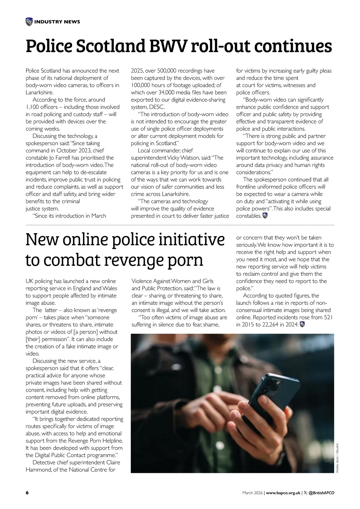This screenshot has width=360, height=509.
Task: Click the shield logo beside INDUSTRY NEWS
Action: (x=29, y=22)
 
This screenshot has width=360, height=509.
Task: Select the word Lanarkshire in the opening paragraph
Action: (x=39, y=92)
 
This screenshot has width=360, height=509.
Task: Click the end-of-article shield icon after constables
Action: (x=265, y=215)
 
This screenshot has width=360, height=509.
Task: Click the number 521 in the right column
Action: (x=327, y=318)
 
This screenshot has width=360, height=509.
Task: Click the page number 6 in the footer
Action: (x=27, y=493)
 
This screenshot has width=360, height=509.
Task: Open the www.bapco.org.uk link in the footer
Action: (x=283, y=493)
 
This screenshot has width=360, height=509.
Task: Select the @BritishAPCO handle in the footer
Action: (x=321, y=493)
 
